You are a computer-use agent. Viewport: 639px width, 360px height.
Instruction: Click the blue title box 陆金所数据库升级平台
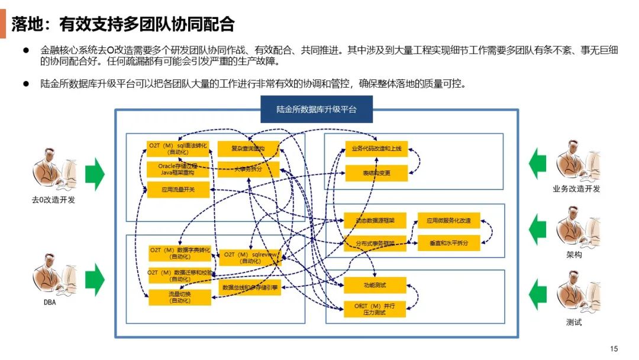click(317, 110)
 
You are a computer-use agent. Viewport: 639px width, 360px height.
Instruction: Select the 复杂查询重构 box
click(248, 149)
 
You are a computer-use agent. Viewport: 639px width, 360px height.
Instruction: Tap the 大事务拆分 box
click(248, 169)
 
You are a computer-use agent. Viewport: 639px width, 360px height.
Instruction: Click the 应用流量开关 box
click(178, 190)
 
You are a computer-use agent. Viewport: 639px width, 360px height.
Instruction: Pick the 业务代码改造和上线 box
click(376, 149)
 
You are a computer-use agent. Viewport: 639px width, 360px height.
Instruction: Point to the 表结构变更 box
click(376, 173)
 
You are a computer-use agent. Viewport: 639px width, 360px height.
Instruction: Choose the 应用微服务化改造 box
click(448, 220)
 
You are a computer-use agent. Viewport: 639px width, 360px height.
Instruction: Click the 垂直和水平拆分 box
click(448, 243)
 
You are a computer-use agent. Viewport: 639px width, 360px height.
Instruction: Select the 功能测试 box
click(375, 285)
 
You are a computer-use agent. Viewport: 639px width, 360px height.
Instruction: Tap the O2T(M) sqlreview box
click(250, 258)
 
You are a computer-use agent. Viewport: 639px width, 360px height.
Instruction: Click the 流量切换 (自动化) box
click(180, 297)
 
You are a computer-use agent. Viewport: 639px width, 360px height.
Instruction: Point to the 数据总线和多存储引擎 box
click(250, 288)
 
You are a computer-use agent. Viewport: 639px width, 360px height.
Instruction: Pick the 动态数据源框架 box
click(375, 220)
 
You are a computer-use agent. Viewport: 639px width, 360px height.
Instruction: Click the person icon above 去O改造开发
click(53, 169)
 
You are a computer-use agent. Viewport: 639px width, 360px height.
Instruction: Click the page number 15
click(614, 348)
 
